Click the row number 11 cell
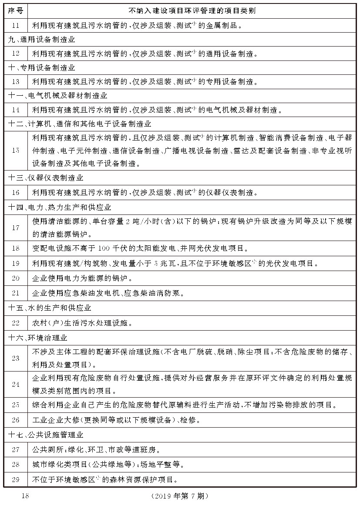coord(15,25)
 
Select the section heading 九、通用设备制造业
coord(42,40)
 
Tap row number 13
coord(15,81)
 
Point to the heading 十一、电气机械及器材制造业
coord(58,95)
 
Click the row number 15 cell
coord(15,150)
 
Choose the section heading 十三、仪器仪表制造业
coord(46,178)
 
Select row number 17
coord(15,228)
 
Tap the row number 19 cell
coord(15,263)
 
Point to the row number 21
coord(15,293)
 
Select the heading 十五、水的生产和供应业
coord(50,308)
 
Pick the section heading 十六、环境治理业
coord(38,337)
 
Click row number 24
coord(15,384)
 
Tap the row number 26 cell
coord(15,420)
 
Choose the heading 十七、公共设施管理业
coord(46,434)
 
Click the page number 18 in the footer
coord(24,496)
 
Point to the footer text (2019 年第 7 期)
coord(180,496)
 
